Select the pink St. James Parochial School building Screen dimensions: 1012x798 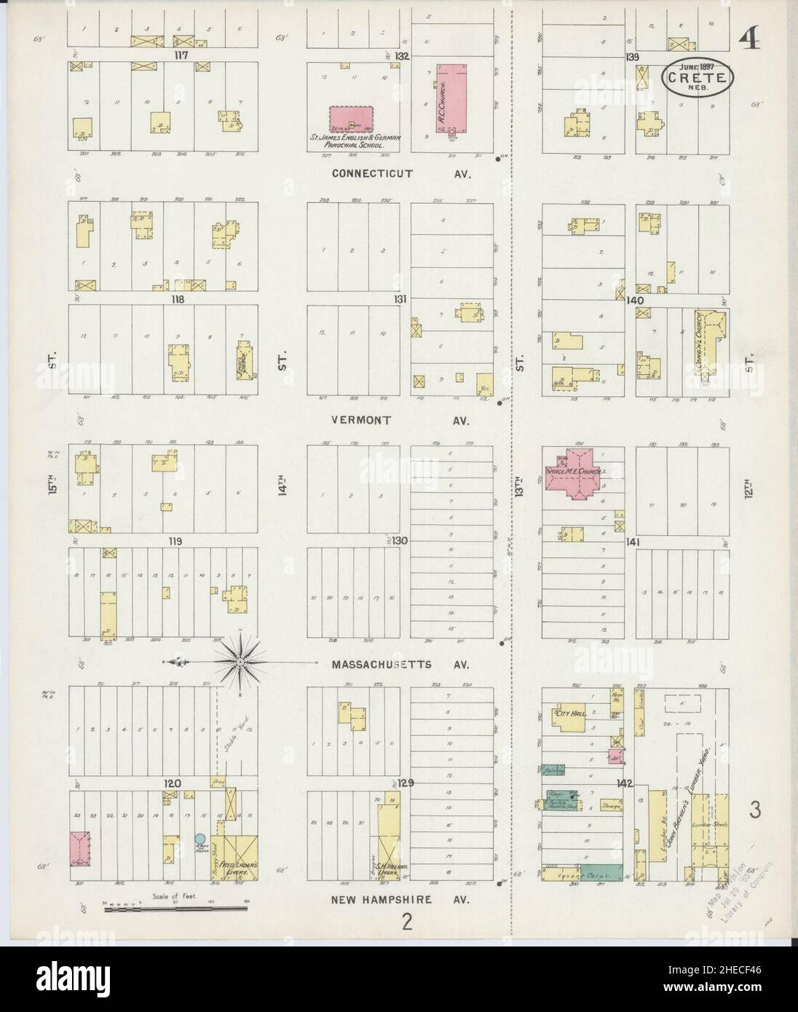[x=352, y=120]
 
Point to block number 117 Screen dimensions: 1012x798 [x=171, y=55]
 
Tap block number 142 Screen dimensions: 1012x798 [x=625, y=784]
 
